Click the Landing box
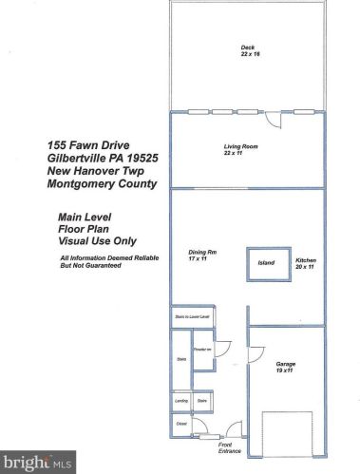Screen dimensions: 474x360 click(x=180, y=403)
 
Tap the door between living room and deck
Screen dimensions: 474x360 click(x=274, y=121)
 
